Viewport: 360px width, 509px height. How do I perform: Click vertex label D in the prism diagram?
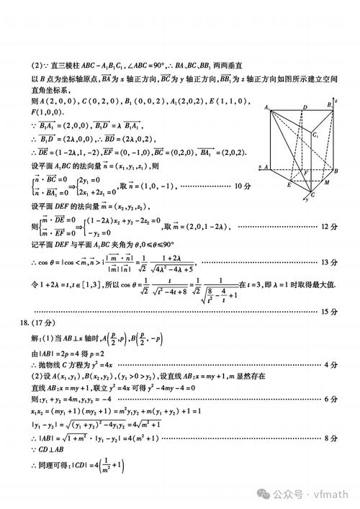click(x=305, y=109)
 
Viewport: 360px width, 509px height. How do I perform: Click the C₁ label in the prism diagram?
click(x=316, y=135)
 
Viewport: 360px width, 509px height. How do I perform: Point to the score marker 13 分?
click(x=328, y=262)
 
